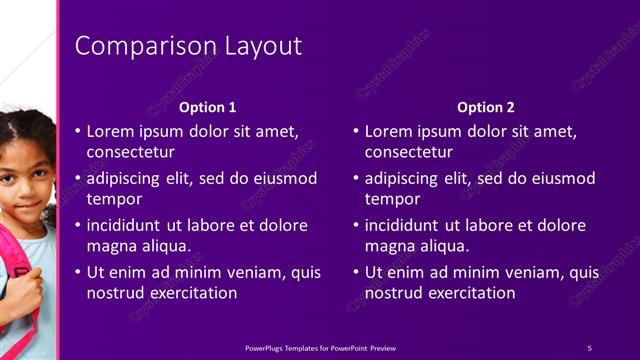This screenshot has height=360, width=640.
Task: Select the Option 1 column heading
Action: pos(207,107)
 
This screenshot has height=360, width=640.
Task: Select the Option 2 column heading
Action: pos(486,107)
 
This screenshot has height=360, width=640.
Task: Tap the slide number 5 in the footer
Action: pos(589,348)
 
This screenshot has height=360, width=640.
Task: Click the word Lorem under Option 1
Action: pos(110,131)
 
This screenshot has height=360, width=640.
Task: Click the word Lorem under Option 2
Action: pos(388,131)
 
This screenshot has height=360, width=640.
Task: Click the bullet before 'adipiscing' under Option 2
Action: pos(355,179)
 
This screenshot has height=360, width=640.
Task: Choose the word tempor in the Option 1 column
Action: pos(114,199)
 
